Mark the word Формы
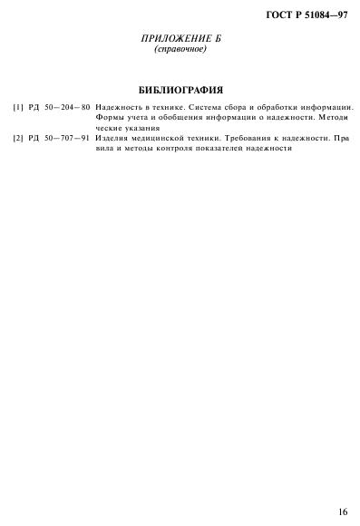click(109, 118)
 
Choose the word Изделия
click(112, 138)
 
